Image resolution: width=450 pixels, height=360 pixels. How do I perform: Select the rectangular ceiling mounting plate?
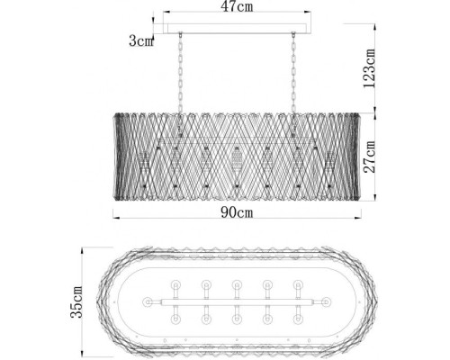click(238, 32)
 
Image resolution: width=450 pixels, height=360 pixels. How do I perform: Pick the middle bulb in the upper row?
click(237, 285)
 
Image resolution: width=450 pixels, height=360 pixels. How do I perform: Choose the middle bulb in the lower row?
click(237, 317)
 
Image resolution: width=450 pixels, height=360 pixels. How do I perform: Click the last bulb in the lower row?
click(297, 317)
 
